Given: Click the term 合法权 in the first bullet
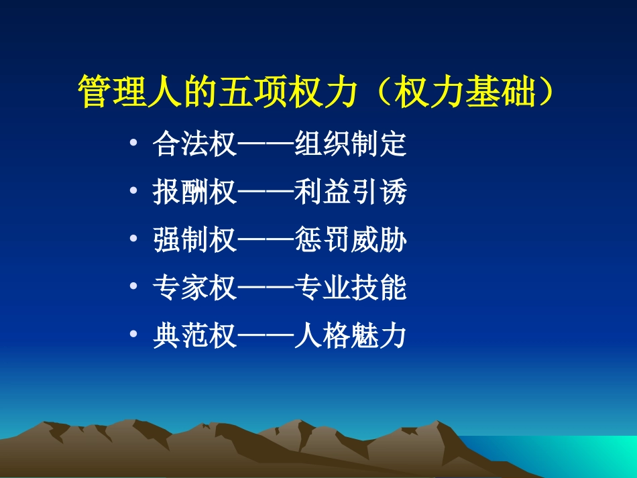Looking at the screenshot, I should pyautogui.click(x=194, y=145).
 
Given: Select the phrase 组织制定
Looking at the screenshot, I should pyautogui.click(x=351, y=145).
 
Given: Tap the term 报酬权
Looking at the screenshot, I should pyautogui.click(x=194, y=193).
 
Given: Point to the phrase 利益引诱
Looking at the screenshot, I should pyautogui.click(x=351, y=193).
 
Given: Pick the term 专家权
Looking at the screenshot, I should pyautogui.click(x=194, y=288).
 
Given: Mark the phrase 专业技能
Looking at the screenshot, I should pyautogui.click(x=351, y=288).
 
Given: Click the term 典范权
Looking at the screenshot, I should pyautogui.click(x=194, y=336).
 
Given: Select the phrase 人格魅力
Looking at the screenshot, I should pyautogui.click(x=351, y=336).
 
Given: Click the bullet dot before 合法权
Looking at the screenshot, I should pyautogui.click(x=135, y=145).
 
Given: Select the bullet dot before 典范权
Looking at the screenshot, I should pyautogui.click(x=135, y=336).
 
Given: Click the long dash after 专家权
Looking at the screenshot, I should pyautogui.click(x=266, y=288).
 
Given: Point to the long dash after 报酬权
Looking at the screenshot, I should pyautogui.click(x=266, y=193).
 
